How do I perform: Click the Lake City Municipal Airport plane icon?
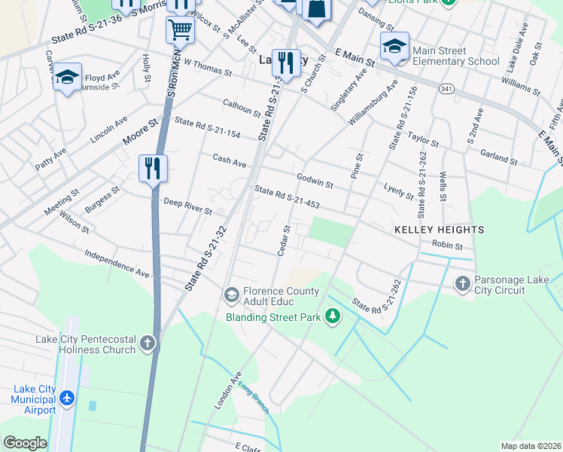[67, 397]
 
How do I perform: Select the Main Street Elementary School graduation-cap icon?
[394, 46]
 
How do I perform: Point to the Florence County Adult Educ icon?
[231, 293]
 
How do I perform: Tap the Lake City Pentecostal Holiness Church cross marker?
[148, 344]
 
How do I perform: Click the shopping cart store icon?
[180, 29]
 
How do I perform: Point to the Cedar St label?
[284, 240]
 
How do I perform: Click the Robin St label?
[447, 245]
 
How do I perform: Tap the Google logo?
[24, 443]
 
